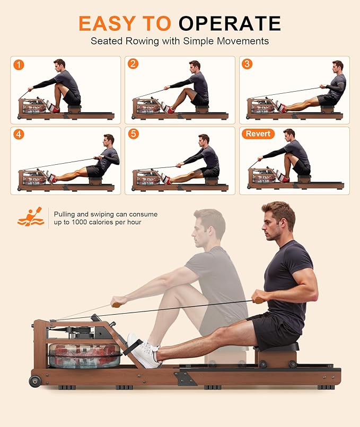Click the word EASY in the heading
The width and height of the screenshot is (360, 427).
pos(107,23)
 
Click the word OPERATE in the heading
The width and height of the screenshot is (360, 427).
pos(230,23)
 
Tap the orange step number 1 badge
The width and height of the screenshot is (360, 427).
pos(19,65)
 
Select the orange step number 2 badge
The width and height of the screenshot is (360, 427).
pos(133,64)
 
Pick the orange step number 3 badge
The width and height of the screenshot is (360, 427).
pos(247,64)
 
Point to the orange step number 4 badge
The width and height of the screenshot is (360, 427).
pos(19,134)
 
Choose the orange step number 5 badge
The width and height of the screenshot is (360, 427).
pos(133,134)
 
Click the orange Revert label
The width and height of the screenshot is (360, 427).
pos(258,134)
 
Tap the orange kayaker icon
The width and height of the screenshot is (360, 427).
pos(31,217)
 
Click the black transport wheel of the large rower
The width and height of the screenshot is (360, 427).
pos(35,381)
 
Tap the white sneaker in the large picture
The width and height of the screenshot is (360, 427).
pos(144,351)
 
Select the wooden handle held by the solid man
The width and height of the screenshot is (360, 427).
pos(259,300)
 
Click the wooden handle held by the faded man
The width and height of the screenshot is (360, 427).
pos(117,305)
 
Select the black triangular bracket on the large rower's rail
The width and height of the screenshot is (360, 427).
pos(186,379)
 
